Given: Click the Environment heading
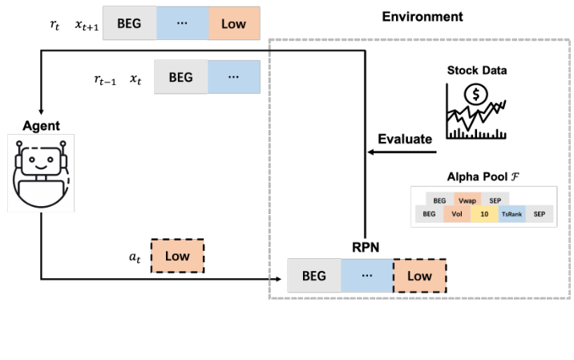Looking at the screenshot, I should pos(422,16).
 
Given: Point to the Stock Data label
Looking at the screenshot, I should pos(477,71).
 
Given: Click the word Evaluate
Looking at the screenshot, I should pos(405,139).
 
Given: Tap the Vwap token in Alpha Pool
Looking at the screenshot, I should pos(467,199).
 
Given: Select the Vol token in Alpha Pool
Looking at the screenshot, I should pos(456,213).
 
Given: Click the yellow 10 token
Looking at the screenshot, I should pos(484,213).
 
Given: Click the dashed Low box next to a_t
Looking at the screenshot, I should pos(177,255).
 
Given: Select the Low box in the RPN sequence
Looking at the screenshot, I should pos(419,277).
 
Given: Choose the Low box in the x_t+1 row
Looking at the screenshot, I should pos(234,24).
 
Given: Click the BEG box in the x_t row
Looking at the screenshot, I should pos(180,78).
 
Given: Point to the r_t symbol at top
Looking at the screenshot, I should pos(55,24).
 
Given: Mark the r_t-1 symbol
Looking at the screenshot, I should pos(103,79).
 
